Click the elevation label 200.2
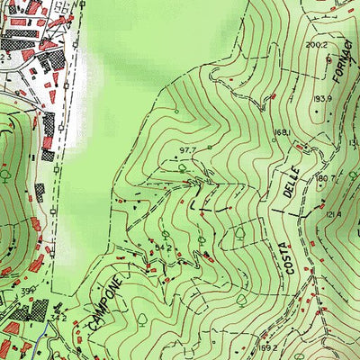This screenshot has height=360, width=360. tap(316, 44)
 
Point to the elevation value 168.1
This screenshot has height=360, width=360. tap(282, 132)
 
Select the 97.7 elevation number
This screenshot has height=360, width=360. tap(187, 149)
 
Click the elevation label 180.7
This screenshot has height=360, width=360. tap(326, 179)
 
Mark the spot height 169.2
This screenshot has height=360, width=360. tap(266, 346)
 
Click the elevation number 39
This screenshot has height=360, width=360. tap(28, 291)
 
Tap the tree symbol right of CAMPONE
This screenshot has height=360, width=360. tap(141, 319)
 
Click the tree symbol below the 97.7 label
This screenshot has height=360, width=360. tap(182, 166)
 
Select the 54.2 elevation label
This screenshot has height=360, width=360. tap(163, 245)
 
